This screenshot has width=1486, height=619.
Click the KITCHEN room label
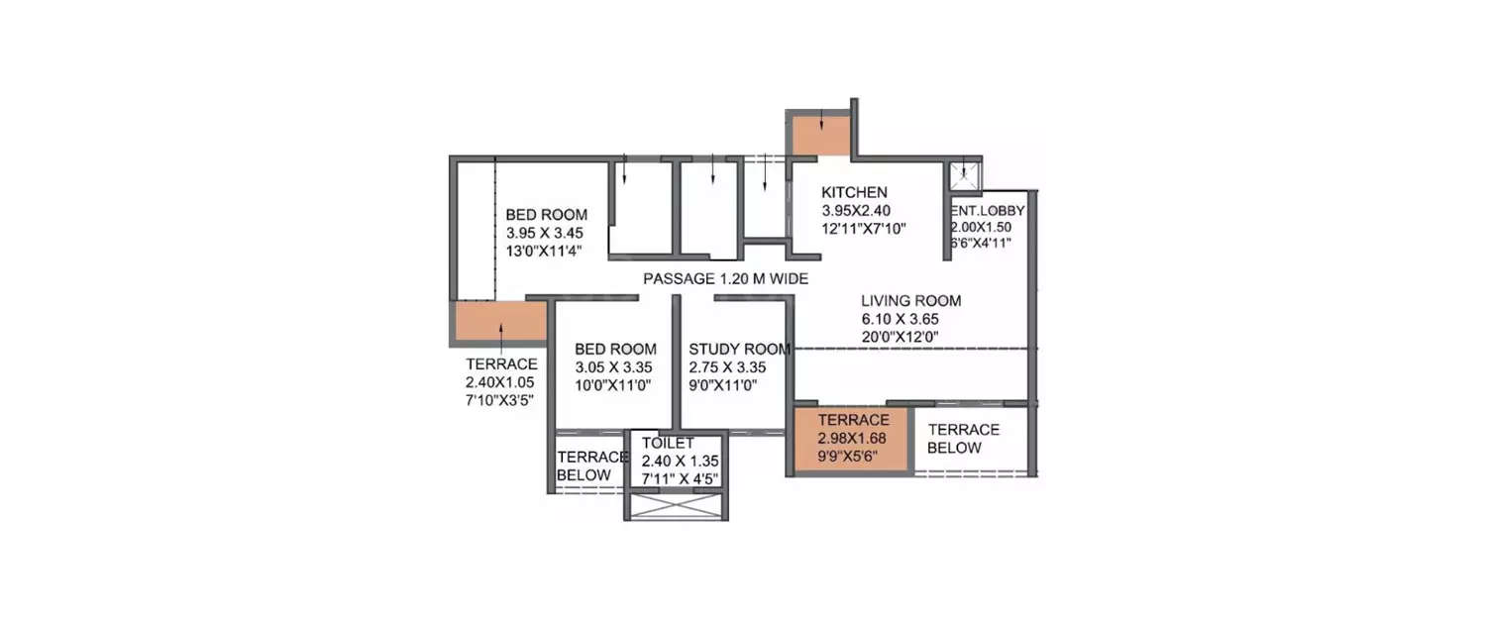(854, 192)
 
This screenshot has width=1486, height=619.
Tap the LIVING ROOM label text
(910, 301)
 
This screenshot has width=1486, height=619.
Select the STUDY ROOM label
(739, 349)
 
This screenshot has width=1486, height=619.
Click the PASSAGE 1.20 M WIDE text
(725, 279)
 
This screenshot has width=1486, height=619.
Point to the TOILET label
(668, 443)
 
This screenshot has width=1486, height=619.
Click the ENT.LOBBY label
(988, 211)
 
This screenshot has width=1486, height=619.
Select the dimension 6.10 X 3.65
(900, 319)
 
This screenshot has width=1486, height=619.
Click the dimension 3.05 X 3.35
(615, 366)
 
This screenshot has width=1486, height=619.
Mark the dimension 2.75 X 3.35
(728, 366)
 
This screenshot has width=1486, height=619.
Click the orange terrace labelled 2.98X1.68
(852, 438)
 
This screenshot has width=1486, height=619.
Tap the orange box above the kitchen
(819, 136)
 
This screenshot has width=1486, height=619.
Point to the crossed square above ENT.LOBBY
(963, 176)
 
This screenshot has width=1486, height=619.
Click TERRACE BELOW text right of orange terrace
(963, 439)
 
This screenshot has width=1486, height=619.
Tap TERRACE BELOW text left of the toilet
(591, 465)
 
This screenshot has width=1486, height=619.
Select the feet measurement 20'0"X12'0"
(900, 337)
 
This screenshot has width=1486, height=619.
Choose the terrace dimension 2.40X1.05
(501, 382)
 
